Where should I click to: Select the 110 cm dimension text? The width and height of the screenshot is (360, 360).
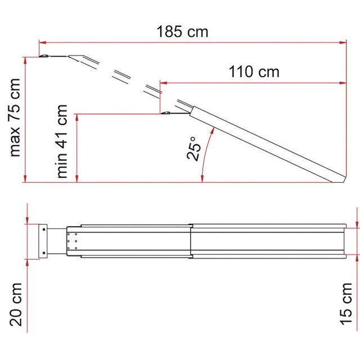254,72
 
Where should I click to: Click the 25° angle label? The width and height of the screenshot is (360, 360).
194,148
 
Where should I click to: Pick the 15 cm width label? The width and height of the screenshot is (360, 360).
346,304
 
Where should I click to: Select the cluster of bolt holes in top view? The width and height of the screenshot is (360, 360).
71,240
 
